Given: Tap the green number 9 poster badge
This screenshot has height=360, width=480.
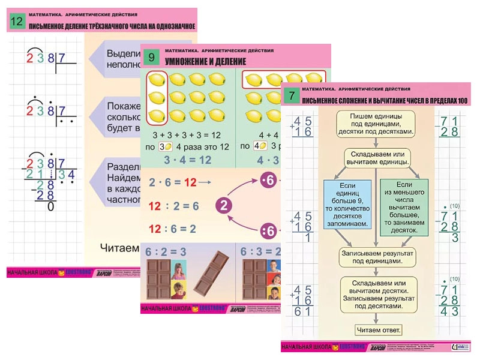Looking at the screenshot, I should (x=152, y=58).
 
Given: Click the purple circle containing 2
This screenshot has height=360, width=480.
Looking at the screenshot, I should (x=224, y=206).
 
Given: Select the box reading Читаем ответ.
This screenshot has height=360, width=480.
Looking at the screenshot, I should (x=376, y=330).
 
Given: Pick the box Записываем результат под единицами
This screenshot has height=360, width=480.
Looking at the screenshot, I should (x=376, y=258).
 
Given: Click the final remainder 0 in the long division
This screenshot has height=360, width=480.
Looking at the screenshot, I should (x=50, y=207).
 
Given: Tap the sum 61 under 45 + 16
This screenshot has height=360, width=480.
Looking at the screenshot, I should (x=302, y=311).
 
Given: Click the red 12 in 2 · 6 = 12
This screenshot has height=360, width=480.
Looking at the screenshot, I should (x=190, y=182).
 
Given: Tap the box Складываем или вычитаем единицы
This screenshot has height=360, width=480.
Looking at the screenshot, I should (x=376, y=158).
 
